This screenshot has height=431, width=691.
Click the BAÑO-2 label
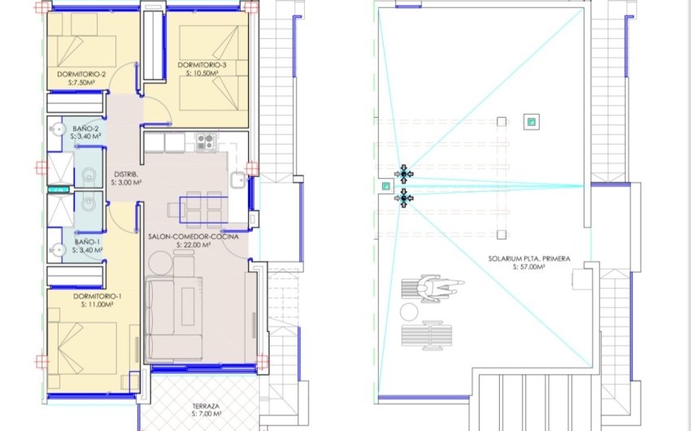click(86, 128)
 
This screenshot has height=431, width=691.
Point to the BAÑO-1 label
click(86, 242)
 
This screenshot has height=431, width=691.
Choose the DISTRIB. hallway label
click(126, 174)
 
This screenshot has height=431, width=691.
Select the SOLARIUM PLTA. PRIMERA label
click(528, 258)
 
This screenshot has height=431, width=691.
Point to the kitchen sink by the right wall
click(237, 181)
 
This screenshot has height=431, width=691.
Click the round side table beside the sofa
click(161, 262)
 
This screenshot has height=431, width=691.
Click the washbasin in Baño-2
click(56, 129)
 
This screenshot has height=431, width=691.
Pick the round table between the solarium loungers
click(407, 312)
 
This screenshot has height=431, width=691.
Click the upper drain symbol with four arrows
click(404, 174)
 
